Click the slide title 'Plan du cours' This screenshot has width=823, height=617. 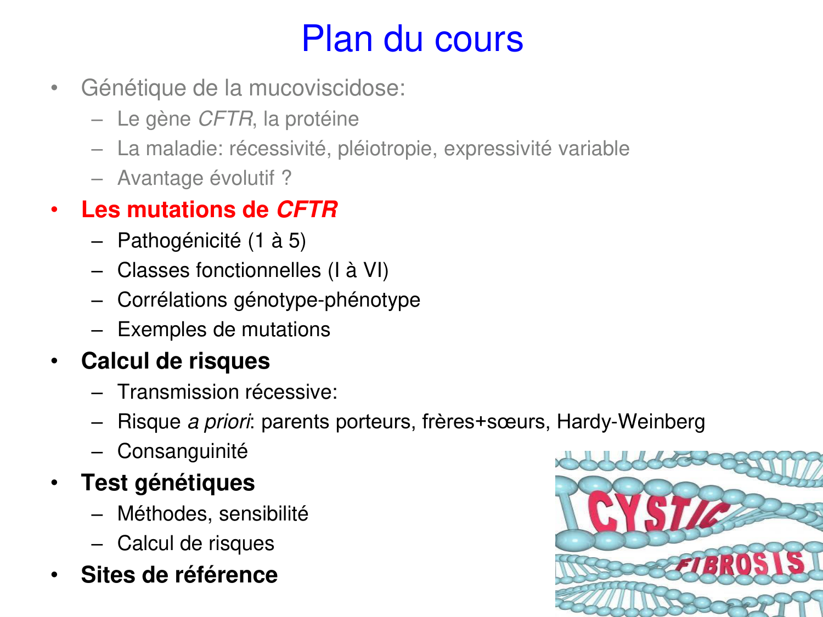click(412, 39)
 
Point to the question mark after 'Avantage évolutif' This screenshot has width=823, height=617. click(286, 178)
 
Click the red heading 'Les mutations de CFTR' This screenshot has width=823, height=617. click(209, 210)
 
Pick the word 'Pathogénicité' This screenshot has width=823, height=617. click(179, 241)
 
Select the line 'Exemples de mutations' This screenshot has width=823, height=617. click(224, 330)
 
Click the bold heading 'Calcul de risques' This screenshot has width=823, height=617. click(176, 361)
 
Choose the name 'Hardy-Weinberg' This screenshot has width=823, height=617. click(630, 422)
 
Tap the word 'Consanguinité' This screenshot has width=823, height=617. click(183, 451)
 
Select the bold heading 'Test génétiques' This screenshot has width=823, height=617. click(168, 483)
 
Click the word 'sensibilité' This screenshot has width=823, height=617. click(263, 514)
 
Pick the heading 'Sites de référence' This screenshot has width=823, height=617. click(179, 575)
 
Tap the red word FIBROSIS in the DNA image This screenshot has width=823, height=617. click(741, 564)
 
